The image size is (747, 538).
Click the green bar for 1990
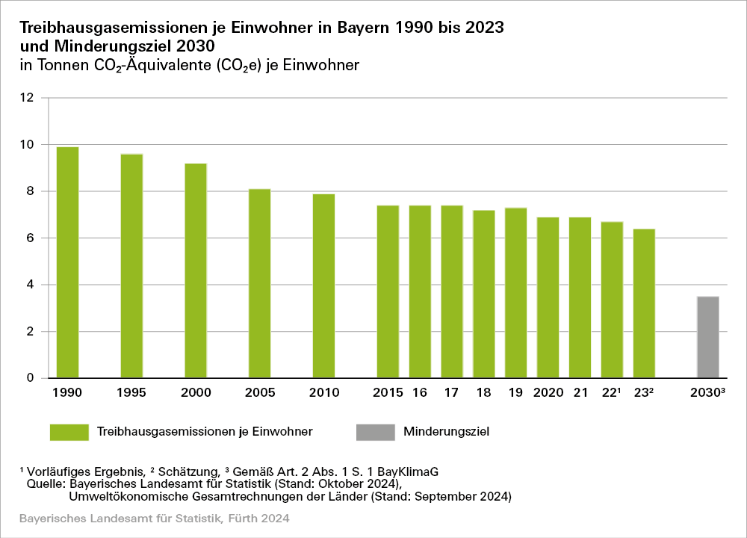click(68, 262)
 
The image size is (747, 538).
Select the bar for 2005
click(260, 283)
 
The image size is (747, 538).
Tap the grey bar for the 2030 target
click(707, 337)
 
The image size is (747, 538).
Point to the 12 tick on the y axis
click(28, 98)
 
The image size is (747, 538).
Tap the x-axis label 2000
click(196, 392)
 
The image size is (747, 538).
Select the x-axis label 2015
click(388, 392)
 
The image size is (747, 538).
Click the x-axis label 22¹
click(613, 392)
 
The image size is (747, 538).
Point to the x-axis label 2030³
click(709, 392)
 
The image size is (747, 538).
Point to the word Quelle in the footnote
click(43, 483)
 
